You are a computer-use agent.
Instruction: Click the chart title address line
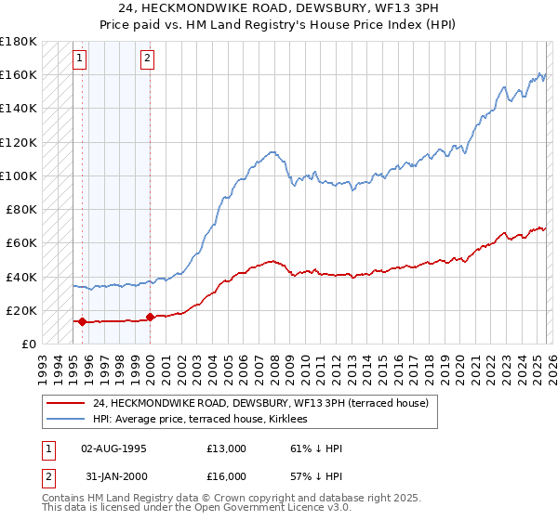[279, 8]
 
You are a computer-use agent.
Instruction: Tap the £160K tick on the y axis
[19, 74]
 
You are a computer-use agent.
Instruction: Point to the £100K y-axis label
[19, 175]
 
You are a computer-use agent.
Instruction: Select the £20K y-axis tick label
[20, 310]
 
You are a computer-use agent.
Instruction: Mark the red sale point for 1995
[82, 322]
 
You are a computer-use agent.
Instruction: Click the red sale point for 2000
[151, 317]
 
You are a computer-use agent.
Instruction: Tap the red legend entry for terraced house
[260, 403]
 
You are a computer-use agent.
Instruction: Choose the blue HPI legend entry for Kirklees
[206, 420]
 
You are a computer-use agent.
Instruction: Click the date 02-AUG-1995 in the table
[114, 448]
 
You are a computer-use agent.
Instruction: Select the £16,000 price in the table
[227, 476]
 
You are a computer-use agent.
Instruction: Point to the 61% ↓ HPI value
[316, 448]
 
